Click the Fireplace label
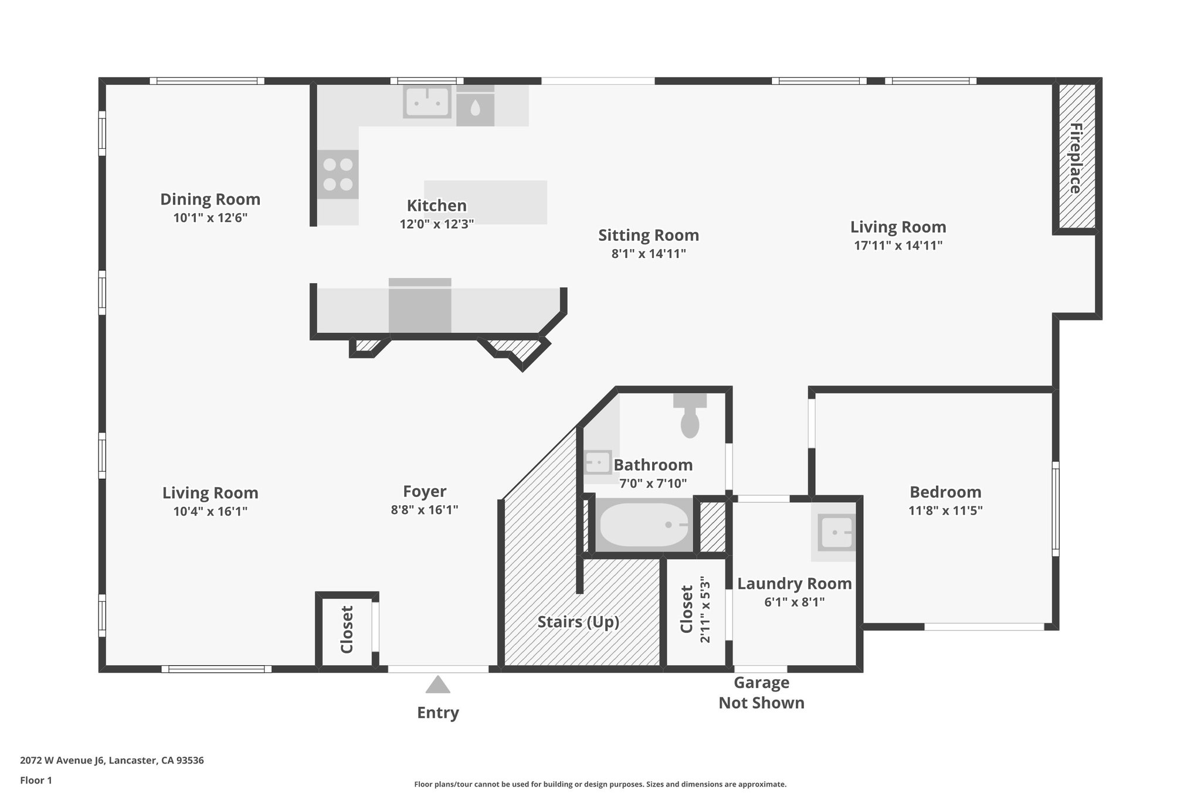(x=1075, y=158)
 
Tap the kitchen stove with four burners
(x=338, y=175)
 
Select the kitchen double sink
(x=427, y=102)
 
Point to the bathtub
(x=644, y=525)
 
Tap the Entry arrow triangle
(x=437, y=685)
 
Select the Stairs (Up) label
(x=578, y=622)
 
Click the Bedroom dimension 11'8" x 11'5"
(x=945, y=510)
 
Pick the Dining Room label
(x=210, y=199)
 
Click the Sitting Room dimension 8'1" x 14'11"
(x=649, y=254)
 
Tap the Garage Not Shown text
(x=761, y=693)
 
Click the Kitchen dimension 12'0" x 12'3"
(x=437, y=224)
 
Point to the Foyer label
(x=425, y=491)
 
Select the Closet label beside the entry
(x=347, y=629)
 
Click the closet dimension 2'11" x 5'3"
(x=705, y=610)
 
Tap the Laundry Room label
(x=794, y=584)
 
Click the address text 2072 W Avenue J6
(x=112, y=761)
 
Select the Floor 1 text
(x=36, y=780)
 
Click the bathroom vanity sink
(x=598, y=462)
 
